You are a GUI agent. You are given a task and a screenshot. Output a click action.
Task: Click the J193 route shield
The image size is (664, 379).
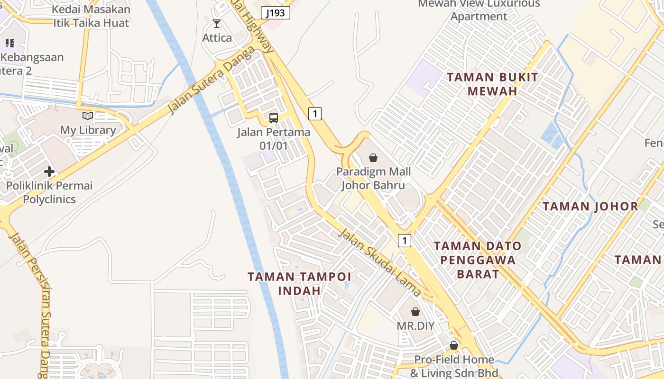[x=275, y=13]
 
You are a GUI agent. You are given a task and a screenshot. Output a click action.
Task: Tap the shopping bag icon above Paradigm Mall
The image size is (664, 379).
[x=373, y=157]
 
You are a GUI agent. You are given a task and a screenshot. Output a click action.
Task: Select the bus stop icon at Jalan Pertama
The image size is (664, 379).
[x=274, y=117]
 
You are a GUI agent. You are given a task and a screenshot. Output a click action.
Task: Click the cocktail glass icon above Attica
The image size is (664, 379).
[x=217, y=24]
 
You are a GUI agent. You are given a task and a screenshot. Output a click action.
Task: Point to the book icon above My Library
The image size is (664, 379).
[x=88, y=116]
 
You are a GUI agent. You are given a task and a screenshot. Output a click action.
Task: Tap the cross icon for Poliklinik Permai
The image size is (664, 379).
[x=49, y=171]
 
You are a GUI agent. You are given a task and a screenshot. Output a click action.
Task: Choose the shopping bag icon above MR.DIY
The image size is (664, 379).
[x=415, y=312]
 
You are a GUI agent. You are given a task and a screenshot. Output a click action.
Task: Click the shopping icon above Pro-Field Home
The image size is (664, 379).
[x=454, y=345]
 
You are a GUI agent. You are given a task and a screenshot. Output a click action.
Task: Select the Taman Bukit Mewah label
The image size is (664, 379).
[x=493, y=84]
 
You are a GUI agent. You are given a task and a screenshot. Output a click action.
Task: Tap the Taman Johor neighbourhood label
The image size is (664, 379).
[x=590, y=207]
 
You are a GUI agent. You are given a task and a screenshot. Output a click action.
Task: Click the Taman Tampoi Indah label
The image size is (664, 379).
[x=299, y=283]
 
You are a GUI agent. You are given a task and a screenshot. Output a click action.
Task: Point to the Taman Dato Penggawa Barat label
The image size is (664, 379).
[x=478, y=260]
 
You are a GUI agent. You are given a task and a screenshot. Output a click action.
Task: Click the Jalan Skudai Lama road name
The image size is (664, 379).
[x=379, y=262]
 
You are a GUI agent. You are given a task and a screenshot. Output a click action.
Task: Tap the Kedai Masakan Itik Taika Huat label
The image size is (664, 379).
[x=91, y=16]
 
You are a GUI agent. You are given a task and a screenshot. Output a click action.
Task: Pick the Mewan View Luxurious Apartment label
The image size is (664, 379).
[x=479, y=10]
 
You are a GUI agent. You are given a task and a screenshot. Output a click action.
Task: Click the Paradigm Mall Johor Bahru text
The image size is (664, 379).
[x=374, y=178]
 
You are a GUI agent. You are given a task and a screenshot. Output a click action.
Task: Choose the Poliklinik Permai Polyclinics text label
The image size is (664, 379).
[x=49, y=192]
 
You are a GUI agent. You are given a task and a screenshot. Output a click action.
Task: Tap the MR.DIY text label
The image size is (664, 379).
[x=415, y=326]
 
